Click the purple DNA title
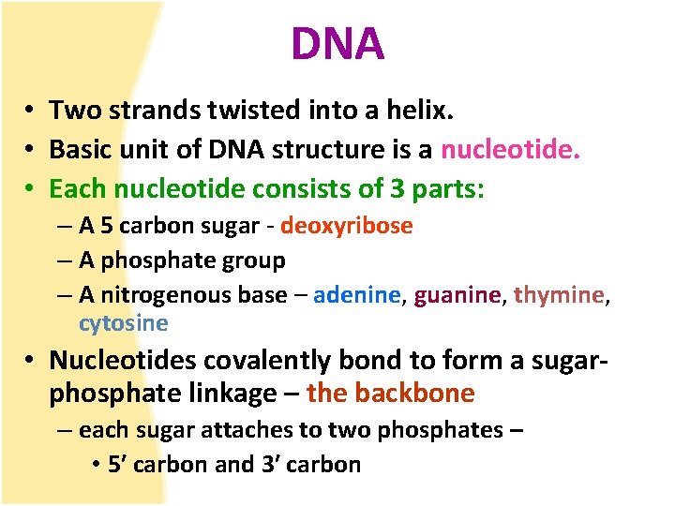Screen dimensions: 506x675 coord(337,43)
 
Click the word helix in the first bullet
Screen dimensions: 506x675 coord(419,111)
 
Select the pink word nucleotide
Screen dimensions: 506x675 coord(510,150)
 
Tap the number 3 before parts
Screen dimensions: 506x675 coord(399,188)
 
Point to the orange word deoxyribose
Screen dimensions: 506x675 coord(346,226)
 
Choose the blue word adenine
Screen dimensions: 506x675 coord(357,294)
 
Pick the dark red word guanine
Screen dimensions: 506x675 coord(457,294)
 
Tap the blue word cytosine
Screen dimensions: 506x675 coord(123,323)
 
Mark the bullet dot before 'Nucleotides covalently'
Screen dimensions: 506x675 coord(32,361)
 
